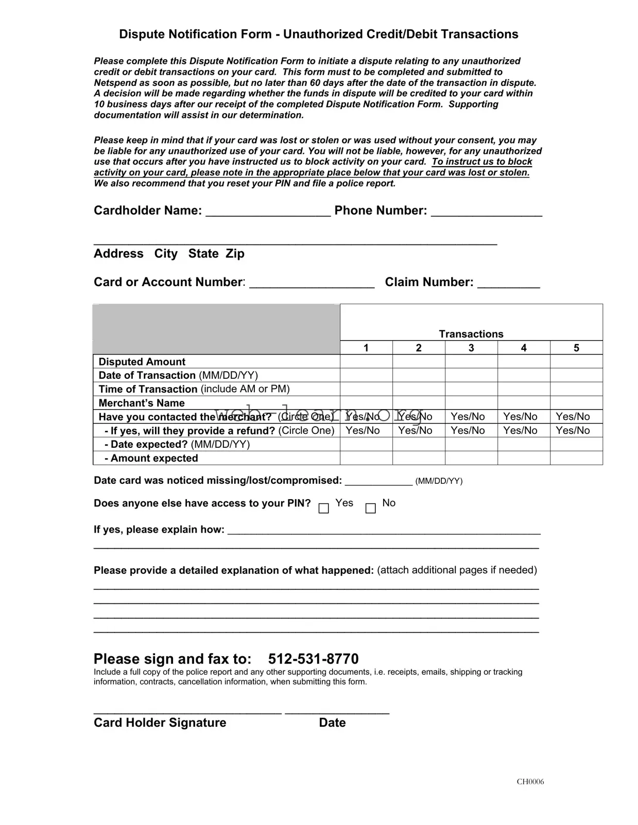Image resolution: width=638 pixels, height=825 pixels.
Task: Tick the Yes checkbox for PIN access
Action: pos(324,508)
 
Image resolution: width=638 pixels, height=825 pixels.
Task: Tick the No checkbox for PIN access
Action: pos(370,508)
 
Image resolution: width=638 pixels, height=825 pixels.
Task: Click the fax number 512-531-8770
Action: pos(313,659)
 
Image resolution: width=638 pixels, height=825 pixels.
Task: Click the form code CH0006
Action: pos(530,782)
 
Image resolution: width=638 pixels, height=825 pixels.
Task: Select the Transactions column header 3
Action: pos(471,348)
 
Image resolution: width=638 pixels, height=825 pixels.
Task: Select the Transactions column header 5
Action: pos(576,348)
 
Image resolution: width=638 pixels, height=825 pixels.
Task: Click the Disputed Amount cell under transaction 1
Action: pos(366,361)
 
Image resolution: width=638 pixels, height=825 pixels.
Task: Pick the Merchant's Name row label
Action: pos(142,403)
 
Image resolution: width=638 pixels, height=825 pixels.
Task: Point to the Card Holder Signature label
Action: pos(160,723)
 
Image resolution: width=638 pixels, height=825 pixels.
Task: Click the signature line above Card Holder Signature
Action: pos(187,712)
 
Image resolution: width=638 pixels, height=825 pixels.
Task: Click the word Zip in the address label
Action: pos(235,254)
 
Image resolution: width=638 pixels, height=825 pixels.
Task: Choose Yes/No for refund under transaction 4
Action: pos(520,430)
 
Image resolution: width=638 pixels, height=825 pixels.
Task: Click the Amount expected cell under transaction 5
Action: pos(576,458)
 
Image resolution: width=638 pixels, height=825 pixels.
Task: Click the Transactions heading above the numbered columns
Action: pos(471,334)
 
